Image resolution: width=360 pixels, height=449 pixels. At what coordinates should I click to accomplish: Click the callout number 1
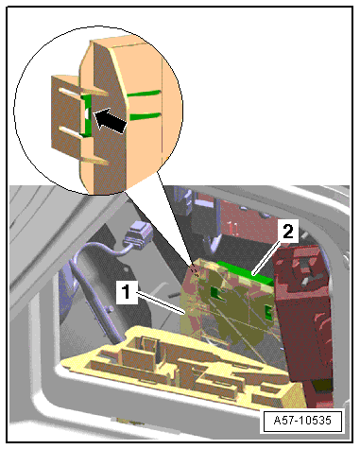coord(127,292)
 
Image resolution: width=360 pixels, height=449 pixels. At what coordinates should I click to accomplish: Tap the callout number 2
coord(287,232)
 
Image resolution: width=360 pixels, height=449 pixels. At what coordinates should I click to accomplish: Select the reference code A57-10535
coord(302,421)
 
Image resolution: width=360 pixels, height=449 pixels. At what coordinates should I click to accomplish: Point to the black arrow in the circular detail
coord(111,120)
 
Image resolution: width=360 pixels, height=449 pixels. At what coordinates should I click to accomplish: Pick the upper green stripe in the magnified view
coord(145,94)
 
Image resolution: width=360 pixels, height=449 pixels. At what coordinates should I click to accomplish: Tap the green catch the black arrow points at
coord(86,115)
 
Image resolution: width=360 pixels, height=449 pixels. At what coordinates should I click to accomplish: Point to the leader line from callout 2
coord(266,256)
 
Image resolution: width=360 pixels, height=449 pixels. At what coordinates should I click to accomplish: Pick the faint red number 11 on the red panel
coord(233,229)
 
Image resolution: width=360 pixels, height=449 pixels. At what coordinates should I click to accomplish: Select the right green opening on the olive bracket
coord(268,312)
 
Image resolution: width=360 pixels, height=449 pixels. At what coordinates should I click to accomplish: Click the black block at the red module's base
coord(322,386)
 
